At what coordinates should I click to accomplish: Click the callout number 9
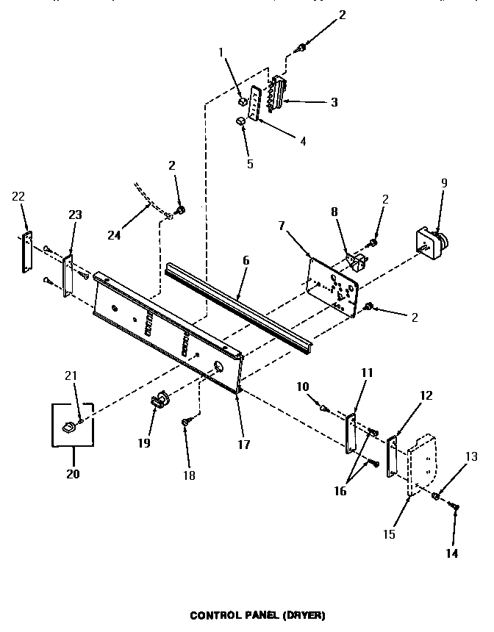(443, 183)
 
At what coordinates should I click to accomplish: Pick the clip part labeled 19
(159, 402)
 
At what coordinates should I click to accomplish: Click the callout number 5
(249, 163)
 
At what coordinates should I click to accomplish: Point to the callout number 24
(113, 235)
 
